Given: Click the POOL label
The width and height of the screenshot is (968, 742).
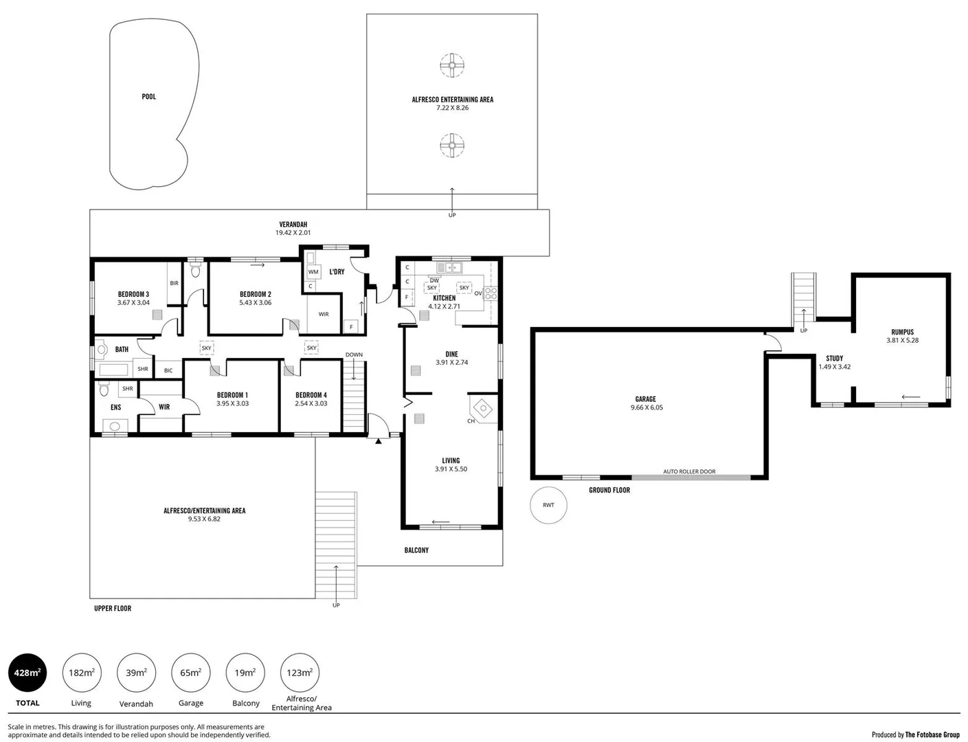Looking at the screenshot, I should (148, 97).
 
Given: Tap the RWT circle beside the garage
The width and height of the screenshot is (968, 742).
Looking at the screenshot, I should (548, 505).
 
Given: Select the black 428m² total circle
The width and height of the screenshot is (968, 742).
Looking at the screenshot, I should (27, 673).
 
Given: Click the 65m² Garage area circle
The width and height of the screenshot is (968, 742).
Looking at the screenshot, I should (190, 673).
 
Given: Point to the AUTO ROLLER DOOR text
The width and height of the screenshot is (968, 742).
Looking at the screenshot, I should (689, 471).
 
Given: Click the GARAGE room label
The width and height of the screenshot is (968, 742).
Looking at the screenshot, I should (645, 399).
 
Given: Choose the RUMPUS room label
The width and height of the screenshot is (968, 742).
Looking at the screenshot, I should (902, 332).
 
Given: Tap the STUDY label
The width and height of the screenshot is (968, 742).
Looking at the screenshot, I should (834, 359).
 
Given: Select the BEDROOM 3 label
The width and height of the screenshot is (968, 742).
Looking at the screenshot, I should (133, 294).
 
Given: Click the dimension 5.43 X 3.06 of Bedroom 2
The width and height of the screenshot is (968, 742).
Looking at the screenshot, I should (256, 302).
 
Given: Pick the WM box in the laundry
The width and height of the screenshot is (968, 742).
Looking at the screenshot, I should (313, 272).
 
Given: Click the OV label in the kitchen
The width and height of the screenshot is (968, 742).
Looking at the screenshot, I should (478, 293).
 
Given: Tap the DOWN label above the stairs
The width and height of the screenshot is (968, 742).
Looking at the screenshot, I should (354, 355).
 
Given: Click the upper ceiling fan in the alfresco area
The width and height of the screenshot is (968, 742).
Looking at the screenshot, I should (452, 67).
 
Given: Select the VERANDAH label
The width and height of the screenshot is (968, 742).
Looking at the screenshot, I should (293, 225).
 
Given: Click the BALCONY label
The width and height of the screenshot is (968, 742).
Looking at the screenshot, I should (416, 550).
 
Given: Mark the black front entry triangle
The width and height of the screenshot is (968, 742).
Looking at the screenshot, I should (378, 441).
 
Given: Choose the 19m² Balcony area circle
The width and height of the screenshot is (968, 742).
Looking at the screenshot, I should (245, 673).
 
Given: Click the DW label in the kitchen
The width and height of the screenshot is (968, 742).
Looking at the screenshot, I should (434, 280).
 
